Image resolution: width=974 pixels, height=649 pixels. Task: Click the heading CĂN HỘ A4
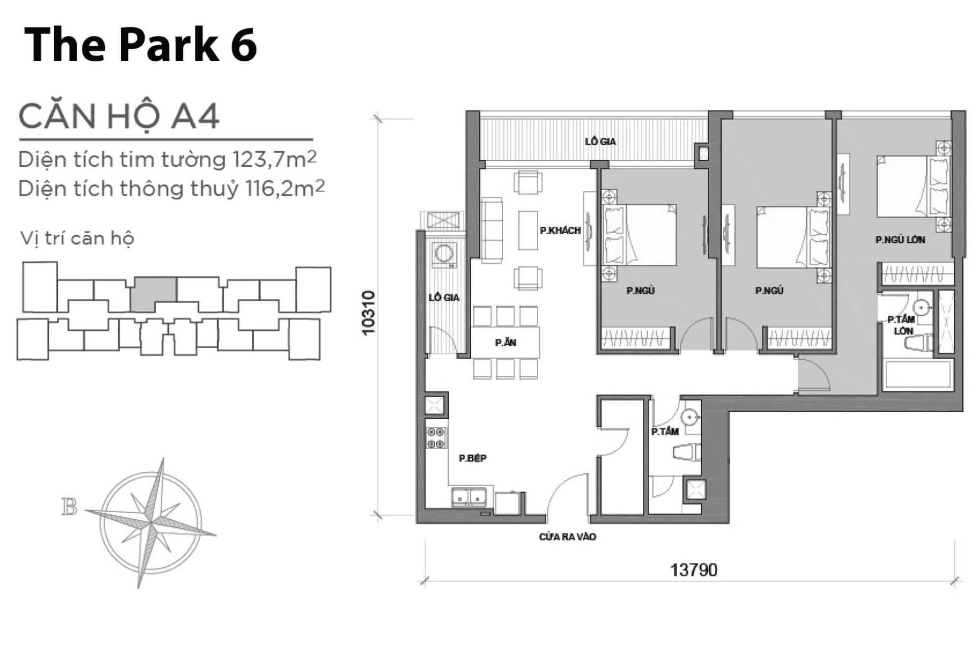coord(119,116)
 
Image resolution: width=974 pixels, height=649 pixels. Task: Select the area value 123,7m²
coord(274,160)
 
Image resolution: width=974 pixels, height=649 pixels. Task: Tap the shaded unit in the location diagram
coord(154,295)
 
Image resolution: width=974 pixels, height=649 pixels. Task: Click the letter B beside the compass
coord(69,507)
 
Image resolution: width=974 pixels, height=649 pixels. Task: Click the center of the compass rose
coord(151,520)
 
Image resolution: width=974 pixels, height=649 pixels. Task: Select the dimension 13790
coord(693,570)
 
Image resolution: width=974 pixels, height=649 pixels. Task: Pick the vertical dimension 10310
coord(369,312)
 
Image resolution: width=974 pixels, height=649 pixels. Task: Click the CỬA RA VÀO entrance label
coord(567,536)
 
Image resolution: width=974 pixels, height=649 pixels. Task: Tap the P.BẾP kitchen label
coord(472,458)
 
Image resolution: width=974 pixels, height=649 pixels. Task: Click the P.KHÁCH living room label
coord(560,231)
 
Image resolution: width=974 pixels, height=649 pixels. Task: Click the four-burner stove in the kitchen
coord(436,438)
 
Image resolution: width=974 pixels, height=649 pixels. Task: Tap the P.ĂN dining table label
coord(505,343)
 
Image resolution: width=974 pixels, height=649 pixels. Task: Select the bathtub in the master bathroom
coord(916,376)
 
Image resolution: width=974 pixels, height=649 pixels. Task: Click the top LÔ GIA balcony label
coord(600,141)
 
